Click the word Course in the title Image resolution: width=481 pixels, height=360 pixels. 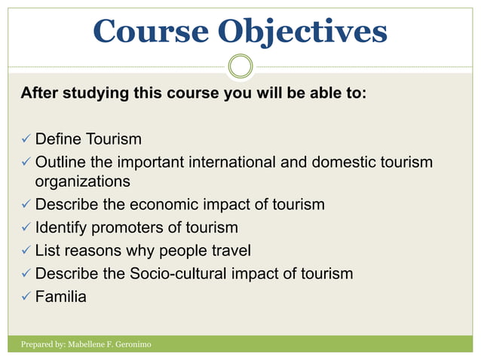[x=151, y=31]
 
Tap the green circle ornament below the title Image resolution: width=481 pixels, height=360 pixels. [x=240, y=66]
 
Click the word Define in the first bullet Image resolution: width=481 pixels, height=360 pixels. [x=59, y=140]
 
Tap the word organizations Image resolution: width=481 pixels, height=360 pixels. [x=82, y=182]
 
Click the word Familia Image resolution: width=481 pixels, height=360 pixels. [x=61, y=297]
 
